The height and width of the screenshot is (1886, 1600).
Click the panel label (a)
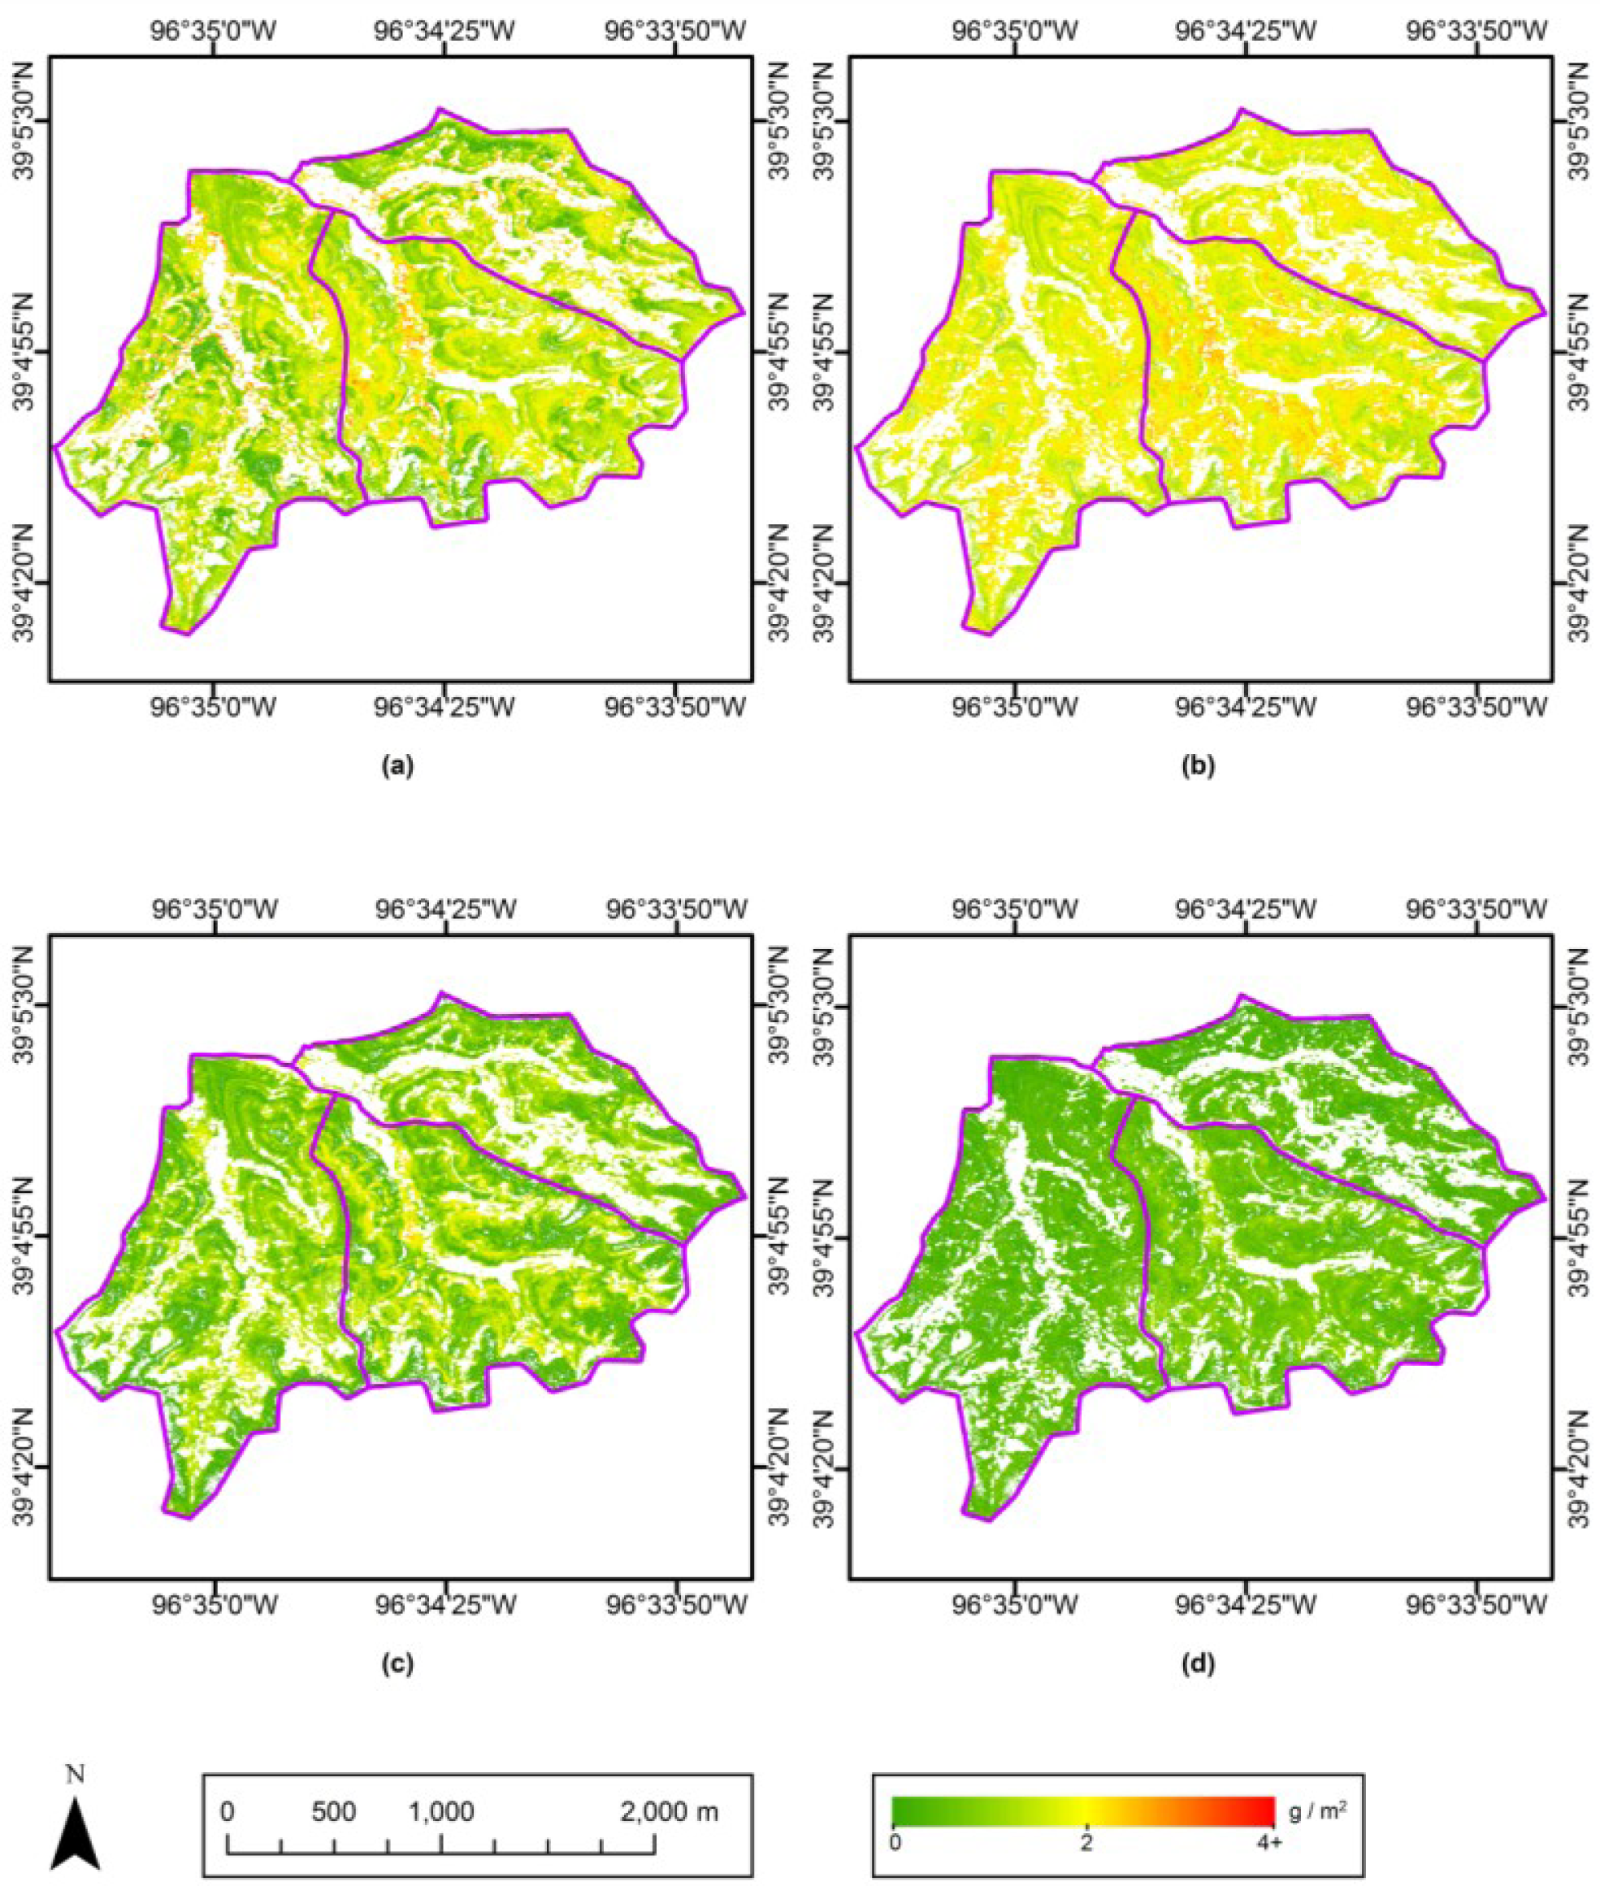click(x=398, y=766)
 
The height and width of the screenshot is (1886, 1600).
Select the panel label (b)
click(x=1199, y=766)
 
